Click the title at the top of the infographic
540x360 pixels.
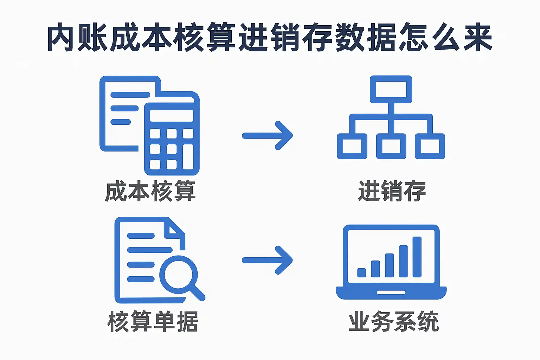tap(270, 37)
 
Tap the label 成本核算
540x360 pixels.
tap(150, 191)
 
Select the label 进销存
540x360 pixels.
tap(392, 191)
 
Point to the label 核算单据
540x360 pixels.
tap(153, 321)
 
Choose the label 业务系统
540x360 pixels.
tap(394, 321)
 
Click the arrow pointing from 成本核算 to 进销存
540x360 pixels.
tap(267, 135)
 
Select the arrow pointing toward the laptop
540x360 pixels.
tap(267, 260)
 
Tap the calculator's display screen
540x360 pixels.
tap(172, 116)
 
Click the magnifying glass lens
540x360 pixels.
tap(178, 275)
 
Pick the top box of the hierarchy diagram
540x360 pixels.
tap(391, 89)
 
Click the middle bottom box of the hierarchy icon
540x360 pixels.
tap(391, 146)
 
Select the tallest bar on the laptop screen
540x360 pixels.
tap(417, 257)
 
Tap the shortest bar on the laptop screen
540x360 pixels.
tap(362, 273)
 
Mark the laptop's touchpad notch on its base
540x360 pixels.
tap(391, 292)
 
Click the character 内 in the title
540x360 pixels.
tap(60, 37)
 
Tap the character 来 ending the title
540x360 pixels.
tap(478, 37)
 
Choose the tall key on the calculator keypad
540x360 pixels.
tap(188, 157)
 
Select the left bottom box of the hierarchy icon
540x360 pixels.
tap(352, 146)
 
